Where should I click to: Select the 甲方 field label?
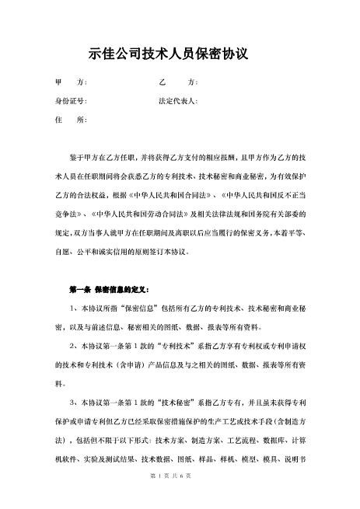[x=71, y=83]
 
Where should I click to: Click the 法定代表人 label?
[x=178, y=102]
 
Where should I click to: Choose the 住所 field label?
[x=70, y=120]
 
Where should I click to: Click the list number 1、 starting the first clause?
[x=73, y=309]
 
